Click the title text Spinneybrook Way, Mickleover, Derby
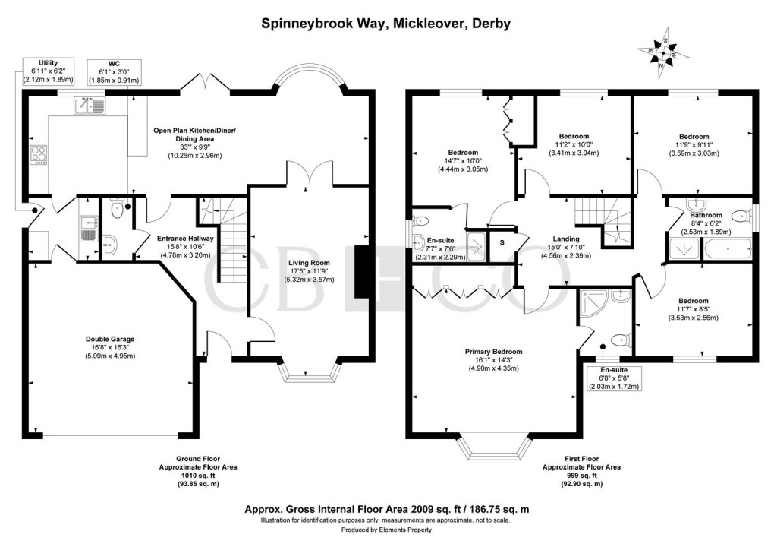point(386,24)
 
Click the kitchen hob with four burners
point(38,156)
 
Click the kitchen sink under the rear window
point(89,106)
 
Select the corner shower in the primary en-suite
point(592,305)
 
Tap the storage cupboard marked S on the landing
point(502,243)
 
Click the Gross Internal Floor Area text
point(386,510)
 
